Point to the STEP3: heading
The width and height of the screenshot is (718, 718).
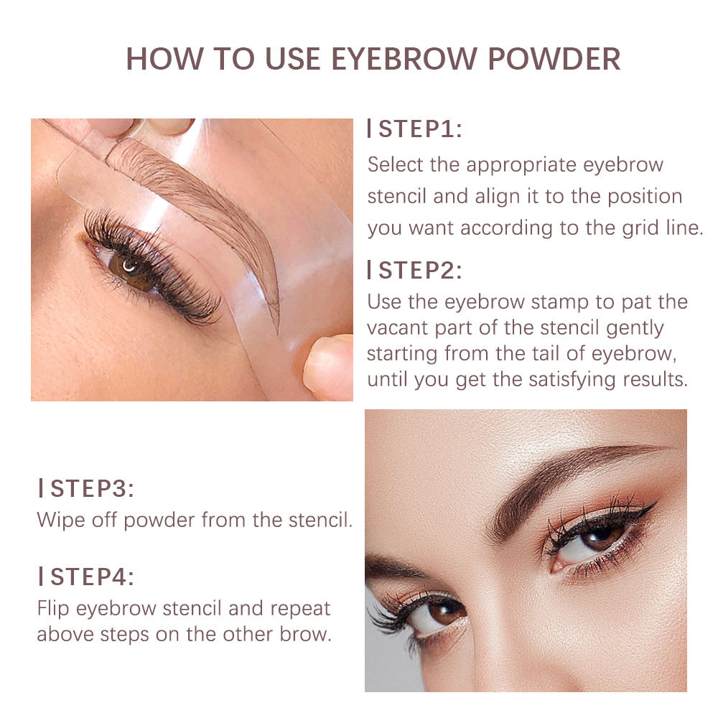point(90,489)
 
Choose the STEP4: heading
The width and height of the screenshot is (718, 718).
point(90,577)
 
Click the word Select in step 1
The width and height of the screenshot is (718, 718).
point(396,164)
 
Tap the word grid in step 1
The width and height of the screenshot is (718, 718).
point(624,228)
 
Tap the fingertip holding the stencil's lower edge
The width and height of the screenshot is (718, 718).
point(327,366)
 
